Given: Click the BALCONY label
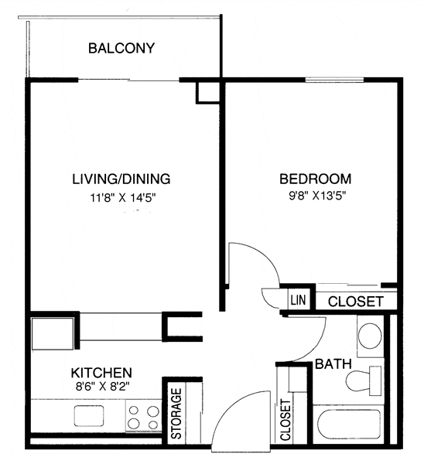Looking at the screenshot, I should point(121,49).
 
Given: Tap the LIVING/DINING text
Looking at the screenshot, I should point(121,179).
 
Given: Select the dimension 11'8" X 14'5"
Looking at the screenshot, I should point(121,198).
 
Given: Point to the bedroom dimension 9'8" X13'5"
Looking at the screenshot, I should point(313,196).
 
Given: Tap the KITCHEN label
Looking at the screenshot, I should point(101,372).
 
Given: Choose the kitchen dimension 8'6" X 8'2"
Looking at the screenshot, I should point(102,387).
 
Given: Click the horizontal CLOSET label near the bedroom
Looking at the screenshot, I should point(357,302).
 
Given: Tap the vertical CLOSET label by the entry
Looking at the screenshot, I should point(286,420).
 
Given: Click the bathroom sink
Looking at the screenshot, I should point(370,336).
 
